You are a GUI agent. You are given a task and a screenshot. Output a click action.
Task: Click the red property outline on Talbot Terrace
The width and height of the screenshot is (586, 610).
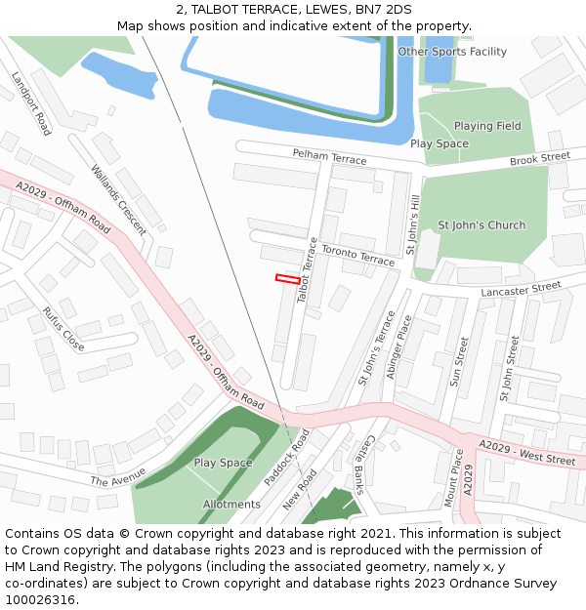pyautogui.click(x=287, y=279)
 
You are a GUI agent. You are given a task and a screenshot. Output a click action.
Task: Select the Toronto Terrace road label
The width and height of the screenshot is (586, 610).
pyautogui.click(x=357, y=255)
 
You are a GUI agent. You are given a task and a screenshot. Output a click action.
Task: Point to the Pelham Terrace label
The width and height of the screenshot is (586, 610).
pyautogui.click(x=330, y=157)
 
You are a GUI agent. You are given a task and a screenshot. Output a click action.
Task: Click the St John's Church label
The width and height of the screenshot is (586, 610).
pyautogui.click(x=481, y=225)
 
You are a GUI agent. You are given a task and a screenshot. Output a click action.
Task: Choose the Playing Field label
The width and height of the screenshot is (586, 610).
pyautogui.click(x=487, y=126)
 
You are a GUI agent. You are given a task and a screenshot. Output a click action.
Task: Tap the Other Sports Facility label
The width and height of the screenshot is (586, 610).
pyautogui.click(x=452, y=52)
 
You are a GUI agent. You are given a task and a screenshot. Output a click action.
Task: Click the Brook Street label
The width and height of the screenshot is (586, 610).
pyautogui.click(x=539, y=158)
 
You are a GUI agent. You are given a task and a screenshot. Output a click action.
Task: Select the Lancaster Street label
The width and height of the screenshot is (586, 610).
pyautogui.click(x=522, y=289)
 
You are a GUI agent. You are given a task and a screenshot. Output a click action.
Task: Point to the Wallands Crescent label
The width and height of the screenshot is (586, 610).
pyautogui.click(x=118, y=200)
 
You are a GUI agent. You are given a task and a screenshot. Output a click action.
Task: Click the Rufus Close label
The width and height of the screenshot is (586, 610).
pyautogui.click(x=63, y=329)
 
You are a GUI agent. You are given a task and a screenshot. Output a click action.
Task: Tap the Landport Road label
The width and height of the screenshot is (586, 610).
pyautogui.click(x=31, y=102)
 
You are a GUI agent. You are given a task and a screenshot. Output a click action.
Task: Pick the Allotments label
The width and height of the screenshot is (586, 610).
pyautogui.click(x=231, y=505)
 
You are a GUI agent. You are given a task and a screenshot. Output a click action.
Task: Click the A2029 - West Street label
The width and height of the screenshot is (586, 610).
pyautogui.click(x=526, y=452)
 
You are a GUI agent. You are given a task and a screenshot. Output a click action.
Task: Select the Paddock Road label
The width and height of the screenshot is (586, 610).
pyautogui.click(x=286, y=457)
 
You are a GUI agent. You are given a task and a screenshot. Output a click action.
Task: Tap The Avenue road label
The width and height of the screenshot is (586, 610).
pyautogui.click(x=118, y=477)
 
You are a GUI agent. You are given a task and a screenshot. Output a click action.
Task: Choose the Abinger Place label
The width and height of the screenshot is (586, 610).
pyautogui.click(x=399, y=345)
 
